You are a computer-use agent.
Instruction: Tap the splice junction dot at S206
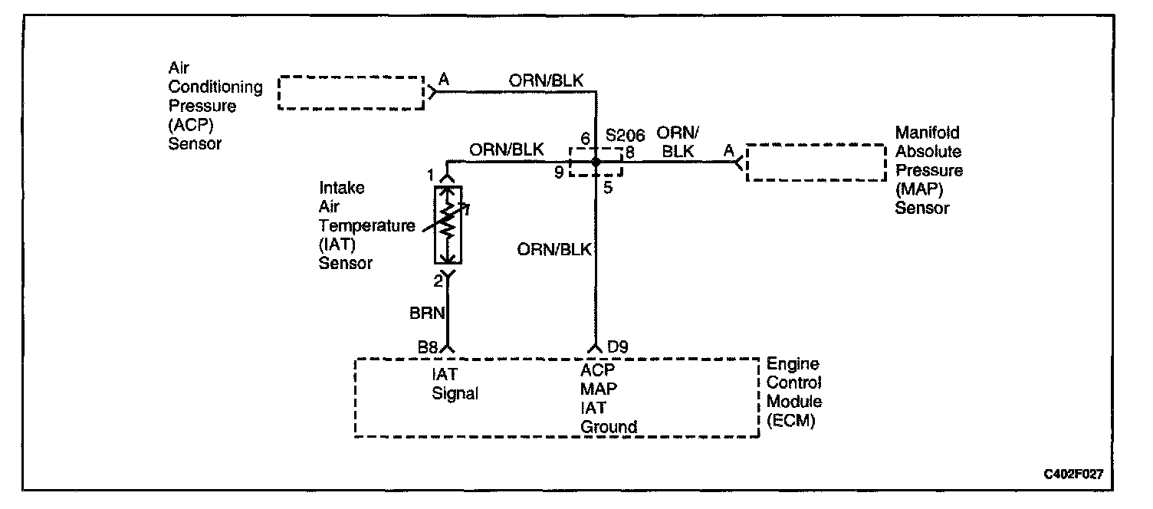[x=595, y=162]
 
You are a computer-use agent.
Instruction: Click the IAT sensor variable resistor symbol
[x=448, y=224]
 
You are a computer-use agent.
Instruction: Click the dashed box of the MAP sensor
[x=816, y=162]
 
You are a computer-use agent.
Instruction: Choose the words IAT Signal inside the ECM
[x=455, y=384]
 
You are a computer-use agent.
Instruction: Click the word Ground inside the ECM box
[x=609, y=426]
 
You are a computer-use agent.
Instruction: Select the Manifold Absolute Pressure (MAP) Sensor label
[x=928, y=170]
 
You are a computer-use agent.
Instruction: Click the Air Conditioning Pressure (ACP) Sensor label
[x=215, y=106]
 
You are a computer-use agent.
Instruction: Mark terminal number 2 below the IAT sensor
[x=438, y=281]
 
